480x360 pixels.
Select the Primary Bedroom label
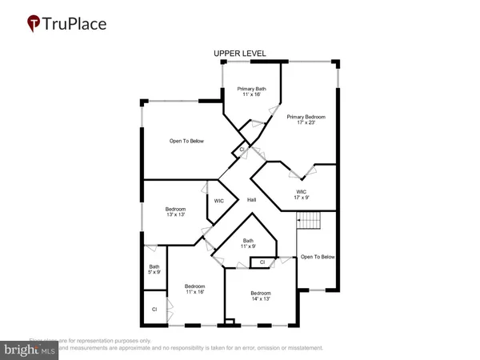tap(308, 117)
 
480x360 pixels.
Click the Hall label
tap(251, 199)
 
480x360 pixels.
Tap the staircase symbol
tap(308, 220)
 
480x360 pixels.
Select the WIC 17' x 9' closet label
tap(301, 195)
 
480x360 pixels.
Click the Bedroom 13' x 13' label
tap(175, 212)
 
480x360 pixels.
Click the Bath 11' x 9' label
tap(248, 244)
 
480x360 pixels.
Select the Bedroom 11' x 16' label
tap(195, 290)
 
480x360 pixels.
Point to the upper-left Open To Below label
tap(186, 141)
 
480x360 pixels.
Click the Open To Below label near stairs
tap(317, 257)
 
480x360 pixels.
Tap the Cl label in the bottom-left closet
tap(153, 309)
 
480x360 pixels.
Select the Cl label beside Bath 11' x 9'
tap(262, 262)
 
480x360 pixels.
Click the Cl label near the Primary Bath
tap(242, 149)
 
